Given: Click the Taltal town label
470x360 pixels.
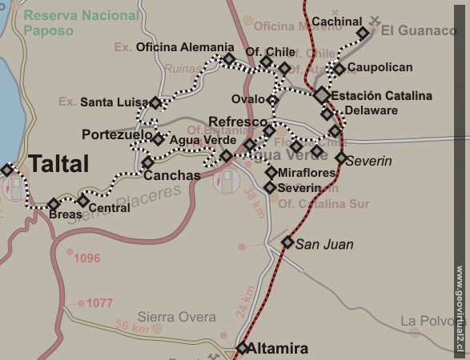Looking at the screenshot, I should tap(58, 165).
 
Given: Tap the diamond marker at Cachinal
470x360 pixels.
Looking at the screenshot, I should tap(363, 33).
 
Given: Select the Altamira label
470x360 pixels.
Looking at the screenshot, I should tap(278, 348).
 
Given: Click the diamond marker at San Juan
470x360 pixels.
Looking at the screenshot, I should tap(287, 242).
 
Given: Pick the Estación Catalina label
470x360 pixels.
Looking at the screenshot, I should tap(381, 96).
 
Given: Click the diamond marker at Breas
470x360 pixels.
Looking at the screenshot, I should tap(54, 204).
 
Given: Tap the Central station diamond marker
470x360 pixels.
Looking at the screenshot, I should tap(83, 200).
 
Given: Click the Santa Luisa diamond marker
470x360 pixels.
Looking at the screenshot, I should tap(155, 102).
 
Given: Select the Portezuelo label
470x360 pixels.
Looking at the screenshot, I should tap(117, 135).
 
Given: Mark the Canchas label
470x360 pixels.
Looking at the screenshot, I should tap(172, 175).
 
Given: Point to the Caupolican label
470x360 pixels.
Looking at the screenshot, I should tap(380, 68).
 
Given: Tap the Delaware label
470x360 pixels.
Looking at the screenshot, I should tap(371, 110).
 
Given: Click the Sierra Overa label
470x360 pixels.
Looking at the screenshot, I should tap(176, 317).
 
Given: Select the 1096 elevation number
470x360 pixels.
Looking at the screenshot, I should tap(87, 258).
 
